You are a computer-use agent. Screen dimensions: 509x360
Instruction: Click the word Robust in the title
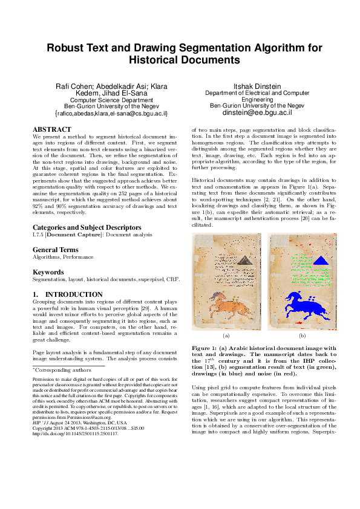[67, 48]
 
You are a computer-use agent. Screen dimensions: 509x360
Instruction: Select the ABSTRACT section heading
[52, 129]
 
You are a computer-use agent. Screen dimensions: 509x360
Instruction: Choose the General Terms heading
[55, 250]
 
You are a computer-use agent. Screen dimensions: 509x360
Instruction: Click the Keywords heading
[48, 272]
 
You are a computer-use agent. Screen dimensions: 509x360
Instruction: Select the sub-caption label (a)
[226, 335]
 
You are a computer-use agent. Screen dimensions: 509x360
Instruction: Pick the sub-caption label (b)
[302, 335]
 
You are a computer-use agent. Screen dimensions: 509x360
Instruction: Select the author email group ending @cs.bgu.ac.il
[111, 113]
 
